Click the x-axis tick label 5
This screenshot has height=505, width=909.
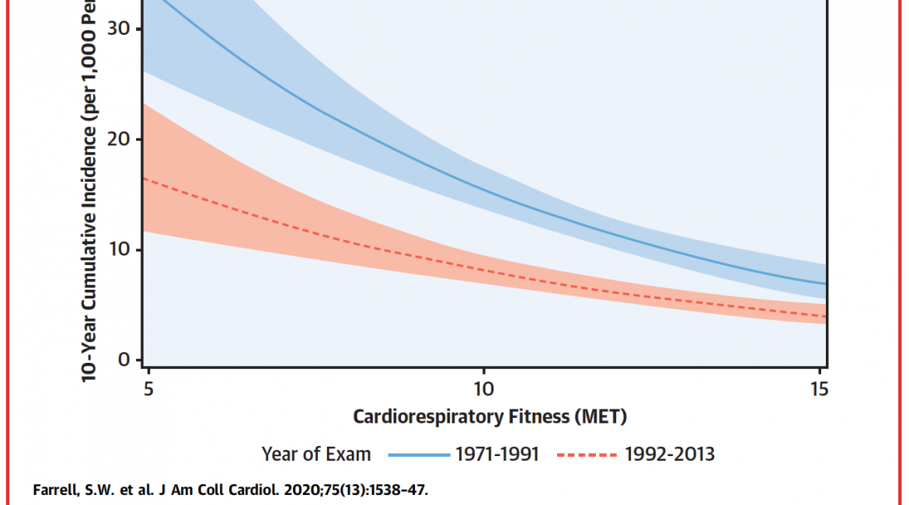point(148,387)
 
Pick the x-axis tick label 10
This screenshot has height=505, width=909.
point(483,387)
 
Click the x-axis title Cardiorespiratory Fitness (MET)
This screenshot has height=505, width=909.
point(489,417)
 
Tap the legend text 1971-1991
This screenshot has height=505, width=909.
point(497,454)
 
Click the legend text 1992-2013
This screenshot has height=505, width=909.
point(670,454)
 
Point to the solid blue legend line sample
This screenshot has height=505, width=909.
point(419,454)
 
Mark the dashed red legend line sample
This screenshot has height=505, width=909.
point(587,454)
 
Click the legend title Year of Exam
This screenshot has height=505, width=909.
point(316,454)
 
